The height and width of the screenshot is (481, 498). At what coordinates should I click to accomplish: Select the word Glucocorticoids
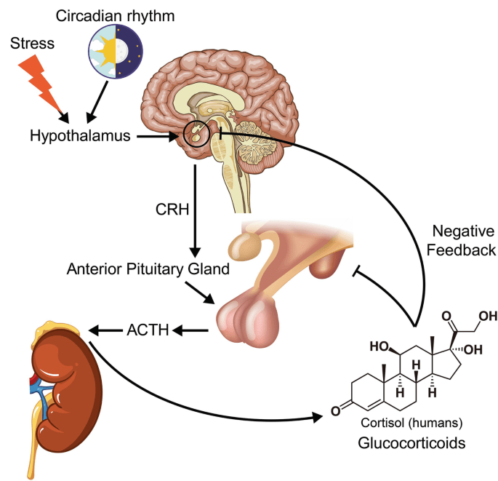click(406, 443)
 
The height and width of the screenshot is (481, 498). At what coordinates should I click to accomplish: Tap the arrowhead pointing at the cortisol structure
click(317, 418)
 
